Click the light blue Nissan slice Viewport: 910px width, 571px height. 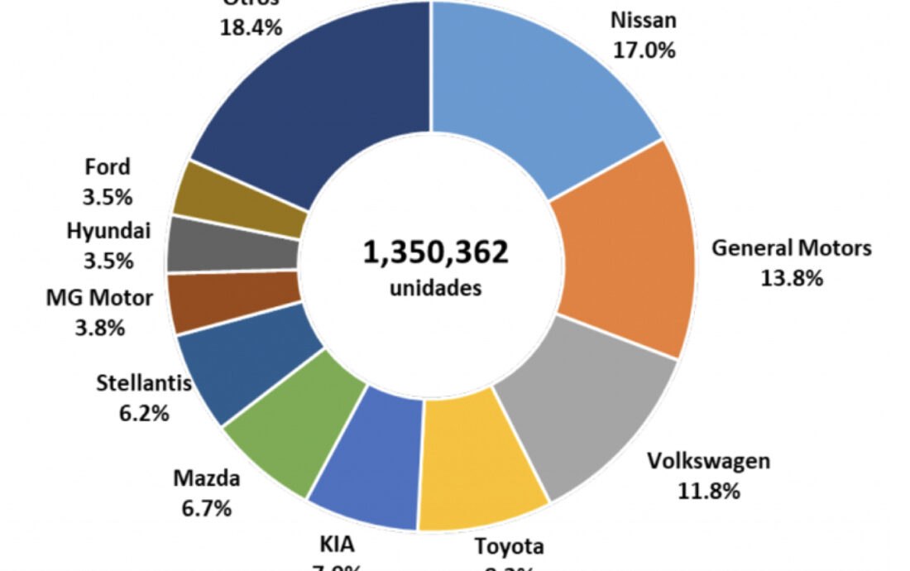529,91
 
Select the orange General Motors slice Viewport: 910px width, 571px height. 625,248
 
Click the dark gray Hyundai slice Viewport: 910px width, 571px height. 232,244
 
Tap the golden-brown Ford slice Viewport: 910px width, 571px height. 240,197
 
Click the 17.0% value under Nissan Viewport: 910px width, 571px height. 644,50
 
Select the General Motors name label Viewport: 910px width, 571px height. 792,247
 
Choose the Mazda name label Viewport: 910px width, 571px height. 206,478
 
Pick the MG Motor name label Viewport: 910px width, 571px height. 99,297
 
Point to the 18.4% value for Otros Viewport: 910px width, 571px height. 251,26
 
